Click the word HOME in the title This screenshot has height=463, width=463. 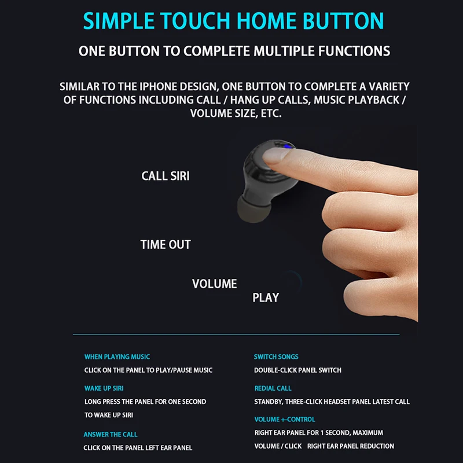[x=267, y=21]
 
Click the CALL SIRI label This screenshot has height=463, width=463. [x=166, y=176]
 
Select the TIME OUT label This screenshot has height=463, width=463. [x=166, y=244]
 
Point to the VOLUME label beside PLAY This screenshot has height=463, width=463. [x=214, y=284]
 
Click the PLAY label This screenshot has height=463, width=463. [x=266, y=297]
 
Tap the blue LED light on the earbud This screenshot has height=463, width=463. [x=286, y=146]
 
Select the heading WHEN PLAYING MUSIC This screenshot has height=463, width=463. [x=117, y=357]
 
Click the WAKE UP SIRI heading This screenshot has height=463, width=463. [x=104, y=388]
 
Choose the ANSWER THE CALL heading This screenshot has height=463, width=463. [x=111, y=435]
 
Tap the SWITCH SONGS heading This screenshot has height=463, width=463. [x=276, y=357]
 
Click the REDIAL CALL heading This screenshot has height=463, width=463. [x=273, y=388]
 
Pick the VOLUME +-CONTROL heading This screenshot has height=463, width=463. [x=285, y=419]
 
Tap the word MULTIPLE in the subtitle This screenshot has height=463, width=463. [x=284, y=51]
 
